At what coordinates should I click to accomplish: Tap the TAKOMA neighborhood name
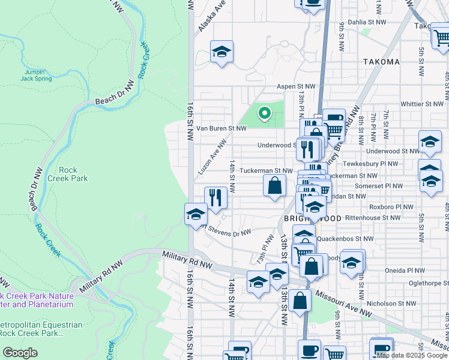pos(381,62)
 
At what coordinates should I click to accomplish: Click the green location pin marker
pos(264,112)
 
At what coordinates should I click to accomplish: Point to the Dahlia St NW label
pos(364,22)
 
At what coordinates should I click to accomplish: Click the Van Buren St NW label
pos(221,128)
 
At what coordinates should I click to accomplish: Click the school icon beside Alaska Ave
pos(221,53)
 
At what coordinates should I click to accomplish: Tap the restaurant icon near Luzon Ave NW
pos(215,197)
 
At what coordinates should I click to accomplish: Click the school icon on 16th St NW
pos(195,214)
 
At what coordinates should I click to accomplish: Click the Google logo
pos(20,352)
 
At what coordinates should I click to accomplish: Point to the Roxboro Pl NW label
pos(391,206)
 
